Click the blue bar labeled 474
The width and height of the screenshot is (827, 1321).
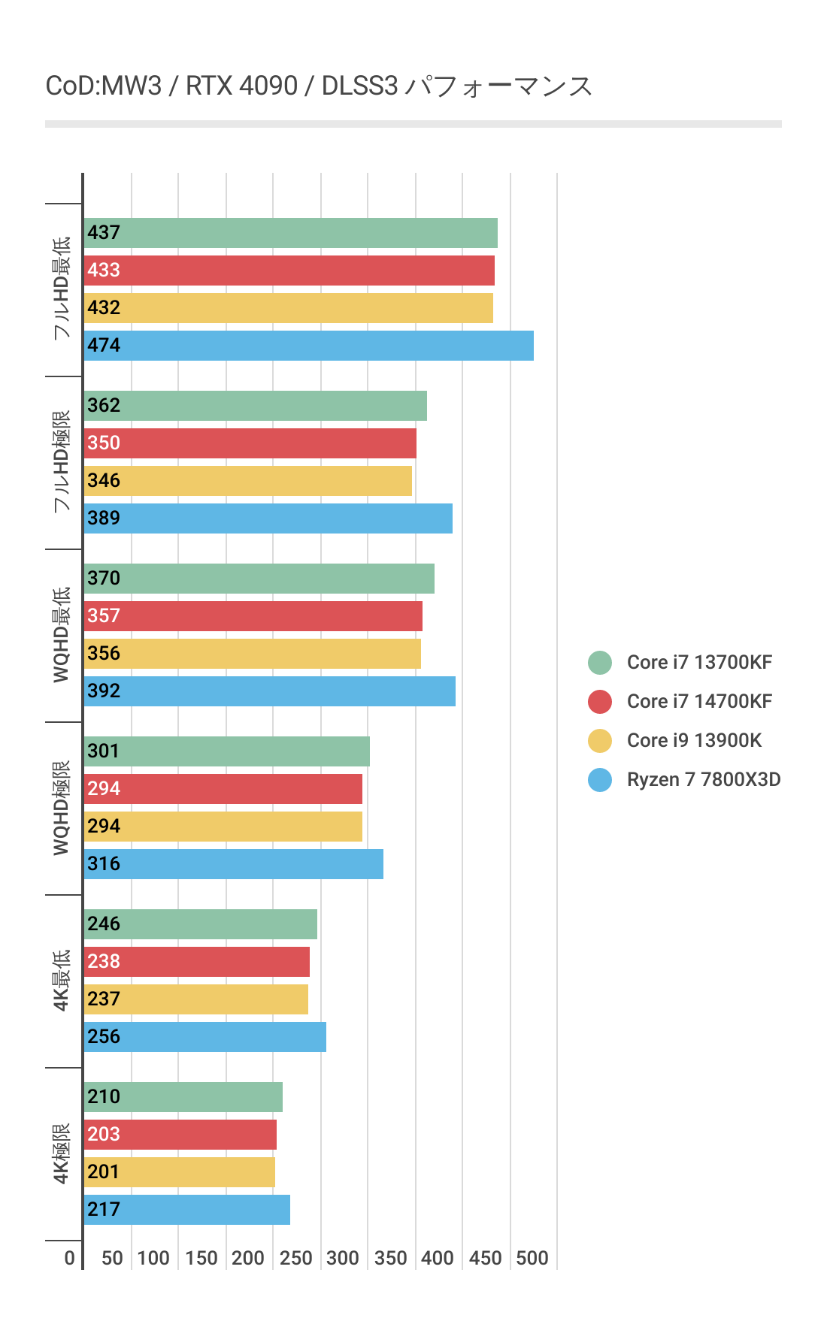308,346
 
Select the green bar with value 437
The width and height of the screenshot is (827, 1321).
290,233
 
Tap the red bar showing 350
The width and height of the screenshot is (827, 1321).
250,443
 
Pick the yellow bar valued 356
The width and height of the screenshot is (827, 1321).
252,654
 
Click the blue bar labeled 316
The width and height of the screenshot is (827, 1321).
233,864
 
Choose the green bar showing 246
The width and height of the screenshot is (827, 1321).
200,924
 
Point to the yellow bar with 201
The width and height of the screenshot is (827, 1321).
179,1172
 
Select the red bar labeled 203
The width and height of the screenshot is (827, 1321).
180,1135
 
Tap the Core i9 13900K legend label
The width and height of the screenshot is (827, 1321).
694,741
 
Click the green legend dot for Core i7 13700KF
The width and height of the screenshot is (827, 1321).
600,663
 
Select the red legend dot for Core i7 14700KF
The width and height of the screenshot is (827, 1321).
600,702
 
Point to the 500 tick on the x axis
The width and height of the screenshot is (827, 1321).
532,1258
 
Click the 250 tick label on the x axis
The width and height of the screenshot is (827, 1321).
295,1258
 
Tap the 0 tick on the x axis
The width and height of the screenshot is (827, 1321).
70,1258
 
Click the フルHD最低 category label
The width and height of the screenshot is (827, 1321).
62,289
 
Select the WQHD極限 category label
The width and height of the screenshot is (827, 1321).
62,808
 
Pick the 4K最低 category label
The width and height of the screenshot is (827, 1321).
62,981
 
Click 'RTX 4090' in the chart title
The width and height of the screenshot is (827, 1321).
241,86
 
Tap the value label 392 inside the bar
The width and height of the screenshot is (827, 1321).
104,691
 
